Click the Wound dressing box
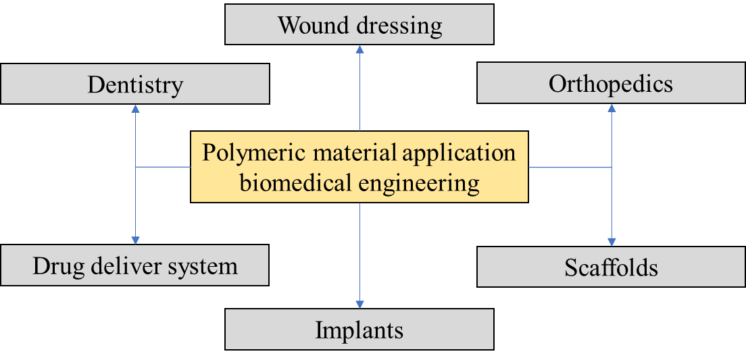(359, 24)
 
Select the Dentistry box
(135, 84)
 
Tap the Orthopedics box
(612, 83)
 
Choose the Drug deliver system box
(134, 265)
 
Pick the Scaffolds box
(612, 267)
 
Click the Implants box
(359, 329)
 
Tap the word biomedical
(296, 182)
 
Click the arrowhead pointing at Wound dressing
(359, 49)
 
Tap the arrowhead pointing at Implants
(359, 305)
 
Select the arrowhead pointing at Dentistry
(136, 109)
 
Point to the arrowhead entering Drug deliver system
(136, 240)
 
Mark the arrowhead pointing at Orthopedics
(612, 108)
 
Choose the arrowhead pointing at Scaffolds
(612, 242)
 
